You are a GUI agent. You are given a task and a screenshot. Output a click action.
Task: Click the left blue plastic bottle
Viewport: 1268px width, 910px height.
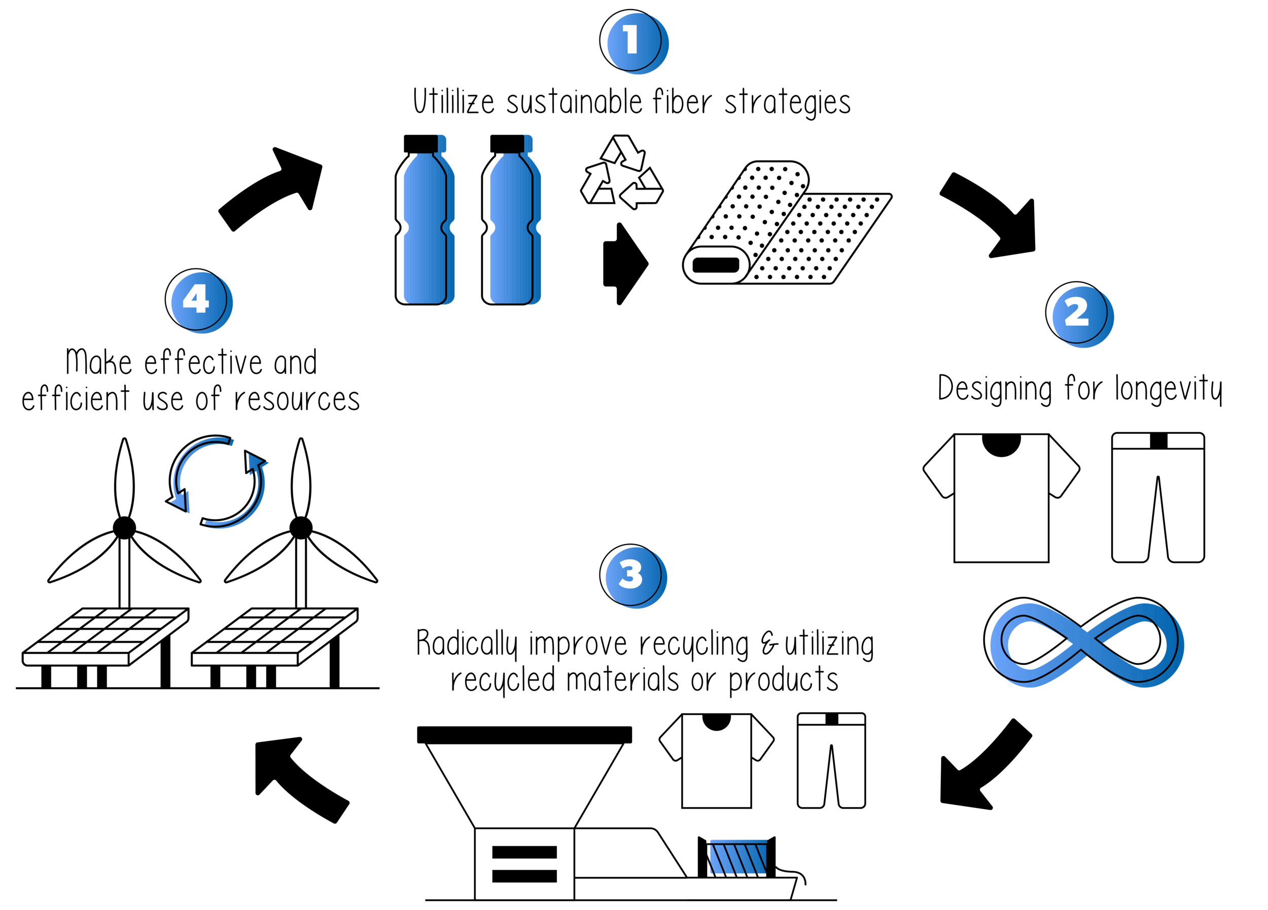coord(425,229)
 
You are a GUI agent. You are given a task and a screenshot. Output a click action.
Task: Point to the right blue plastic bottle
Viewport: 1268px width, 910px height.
coord(511,229)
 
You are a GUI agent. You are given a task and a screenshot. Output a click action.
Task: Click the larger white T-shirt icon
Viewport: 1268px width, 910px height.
coord(1001,497)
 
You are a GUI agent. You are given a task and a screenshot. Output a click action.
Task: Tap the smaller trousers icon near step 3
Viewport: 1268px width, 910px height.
coord(831,760)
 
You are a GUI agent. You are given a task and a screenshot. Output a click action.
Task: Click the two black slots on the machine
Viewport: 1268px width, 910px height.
coord(524,863)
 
